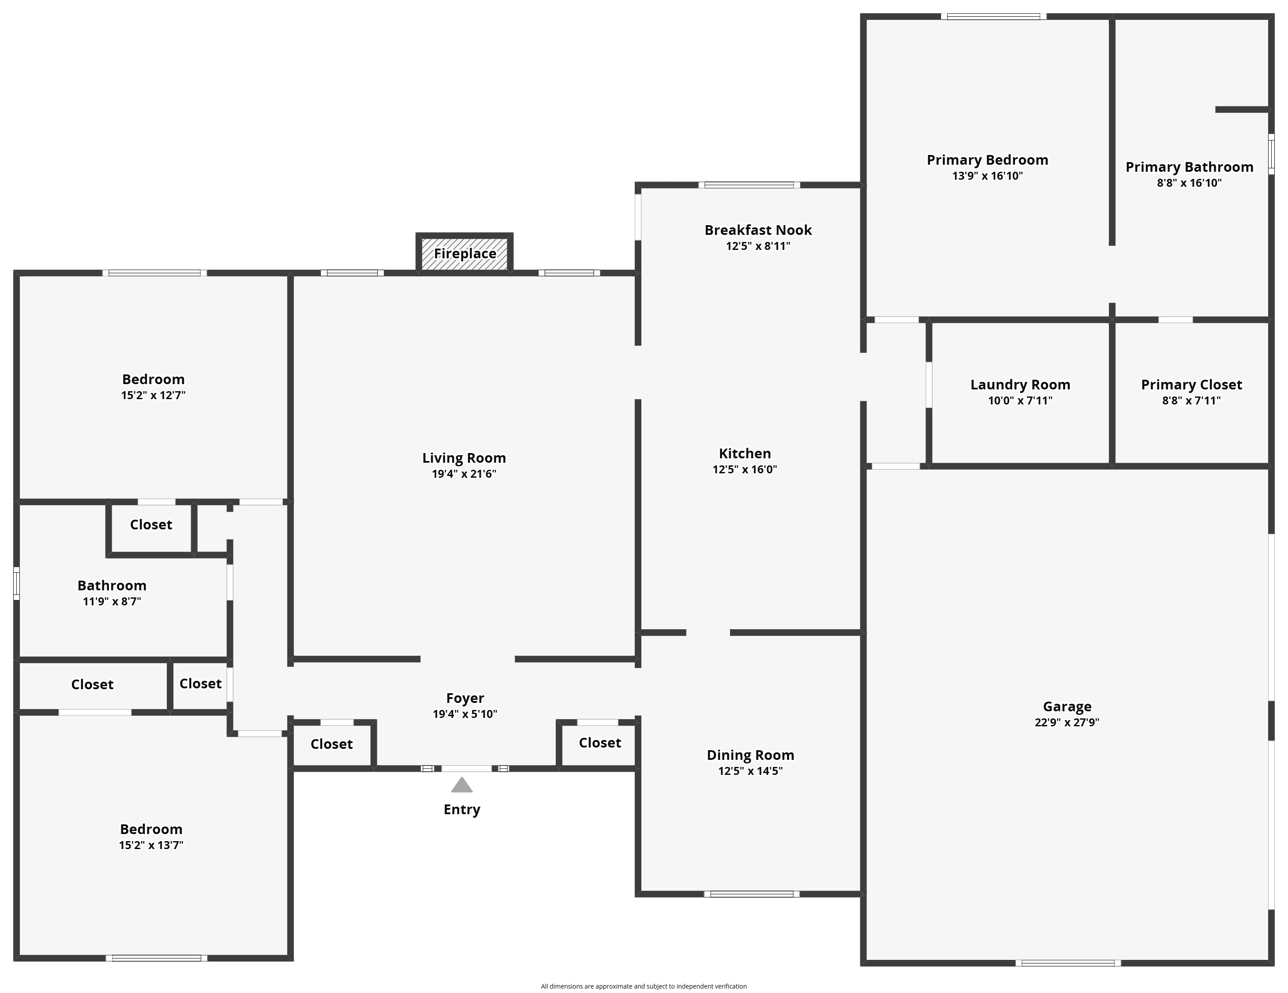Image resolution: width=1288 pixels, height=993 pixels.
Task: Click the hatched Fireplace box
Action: tap(465, 254)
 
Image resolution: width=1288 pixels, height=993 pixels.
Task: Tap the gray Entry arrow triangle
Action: tap(462, 784)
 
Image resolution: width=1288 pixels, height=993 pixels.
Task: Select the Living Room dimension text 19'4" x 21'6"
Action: tap(464, 474)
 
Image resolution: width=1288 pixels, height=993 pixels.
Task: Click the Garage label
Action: tap(1067, 706)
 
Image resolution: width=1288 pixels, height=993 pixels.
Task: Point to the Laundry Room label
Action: tap(1020, 385)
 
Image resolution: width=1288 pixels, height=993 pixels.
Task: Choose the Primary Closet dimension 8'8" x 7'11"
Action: tap(1191, 400)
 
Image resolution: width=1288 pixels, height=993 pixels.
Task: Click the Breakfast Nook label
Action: tap(758, 230)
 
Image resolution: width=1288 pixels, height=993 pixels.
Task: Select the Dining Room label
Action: tap(750, 755)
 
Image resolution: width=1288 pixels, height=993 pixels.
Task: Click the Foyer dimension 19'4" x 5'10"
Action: tap(465, 714)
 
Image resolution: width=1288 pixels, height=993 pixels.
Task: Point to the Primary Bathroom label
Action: tap(1190, 167)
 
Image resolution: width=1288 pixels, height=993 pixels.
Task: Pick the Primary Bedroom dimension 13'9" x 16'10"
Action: tap(987, 176)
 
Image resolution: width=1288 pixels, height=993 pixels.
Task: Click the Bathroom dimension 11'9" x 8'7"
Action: tap(112, 602)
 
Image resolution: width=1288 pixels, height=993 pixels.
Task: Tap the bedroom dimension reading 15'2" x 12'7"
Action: tap(153, 395)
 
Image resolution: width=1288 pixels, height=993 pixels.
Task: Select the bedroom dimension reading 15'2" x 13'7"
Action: tap(151, 845)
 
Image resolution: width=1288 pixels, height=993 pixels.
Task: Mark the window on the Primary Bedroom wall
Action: tap(993, 16)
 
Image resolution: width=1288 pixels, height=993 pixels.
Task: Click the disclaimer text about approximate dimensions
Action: tap(644, 986)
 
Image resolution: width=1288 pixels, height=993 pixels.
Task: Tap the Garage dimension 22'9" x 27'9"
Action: tap(1067, 722)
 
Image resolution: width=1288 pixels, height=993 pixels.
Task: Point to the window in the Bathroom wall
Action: tap(16, 584)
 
